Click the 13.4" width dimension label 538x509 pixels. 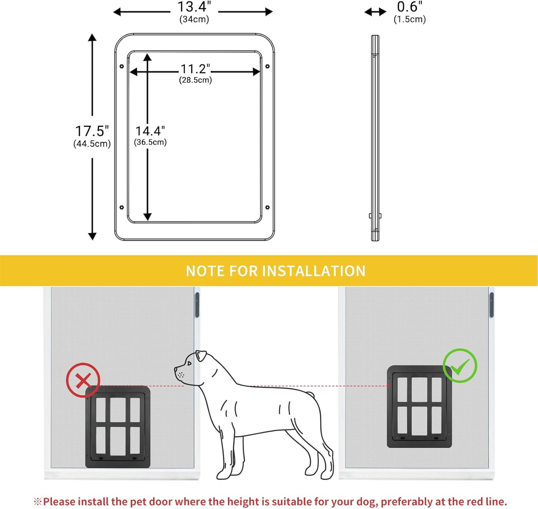pos(194,7)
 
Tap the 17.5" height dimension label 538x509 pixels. pos(92,131)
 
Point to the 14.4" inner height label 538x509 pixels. pos(150,131)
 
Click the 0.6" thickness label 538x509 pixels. pos(410,7)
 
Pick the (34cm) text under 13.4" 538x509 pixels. pos(194,19)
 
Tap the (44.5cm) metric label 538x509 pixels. pos(92,144)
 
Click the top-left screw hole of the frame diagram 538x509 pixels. pos(122,66)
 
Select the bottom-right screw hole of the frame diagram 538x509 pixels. pos(267,207)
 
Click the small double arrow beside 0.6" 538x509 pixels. pos(375,12)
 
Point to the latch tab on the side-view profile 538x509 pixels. pos(375,216)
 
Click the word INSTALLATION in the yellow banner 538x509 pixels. pos(314,271)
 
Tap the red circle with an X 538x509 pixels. pos(83,380)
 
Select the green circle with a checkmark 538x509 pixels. pos(460,365)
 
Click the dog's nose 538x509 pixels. pos(176,368)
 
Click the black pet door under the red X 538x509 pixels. pos(118,427)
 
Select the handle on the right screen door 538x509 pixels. pos(491,305)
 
